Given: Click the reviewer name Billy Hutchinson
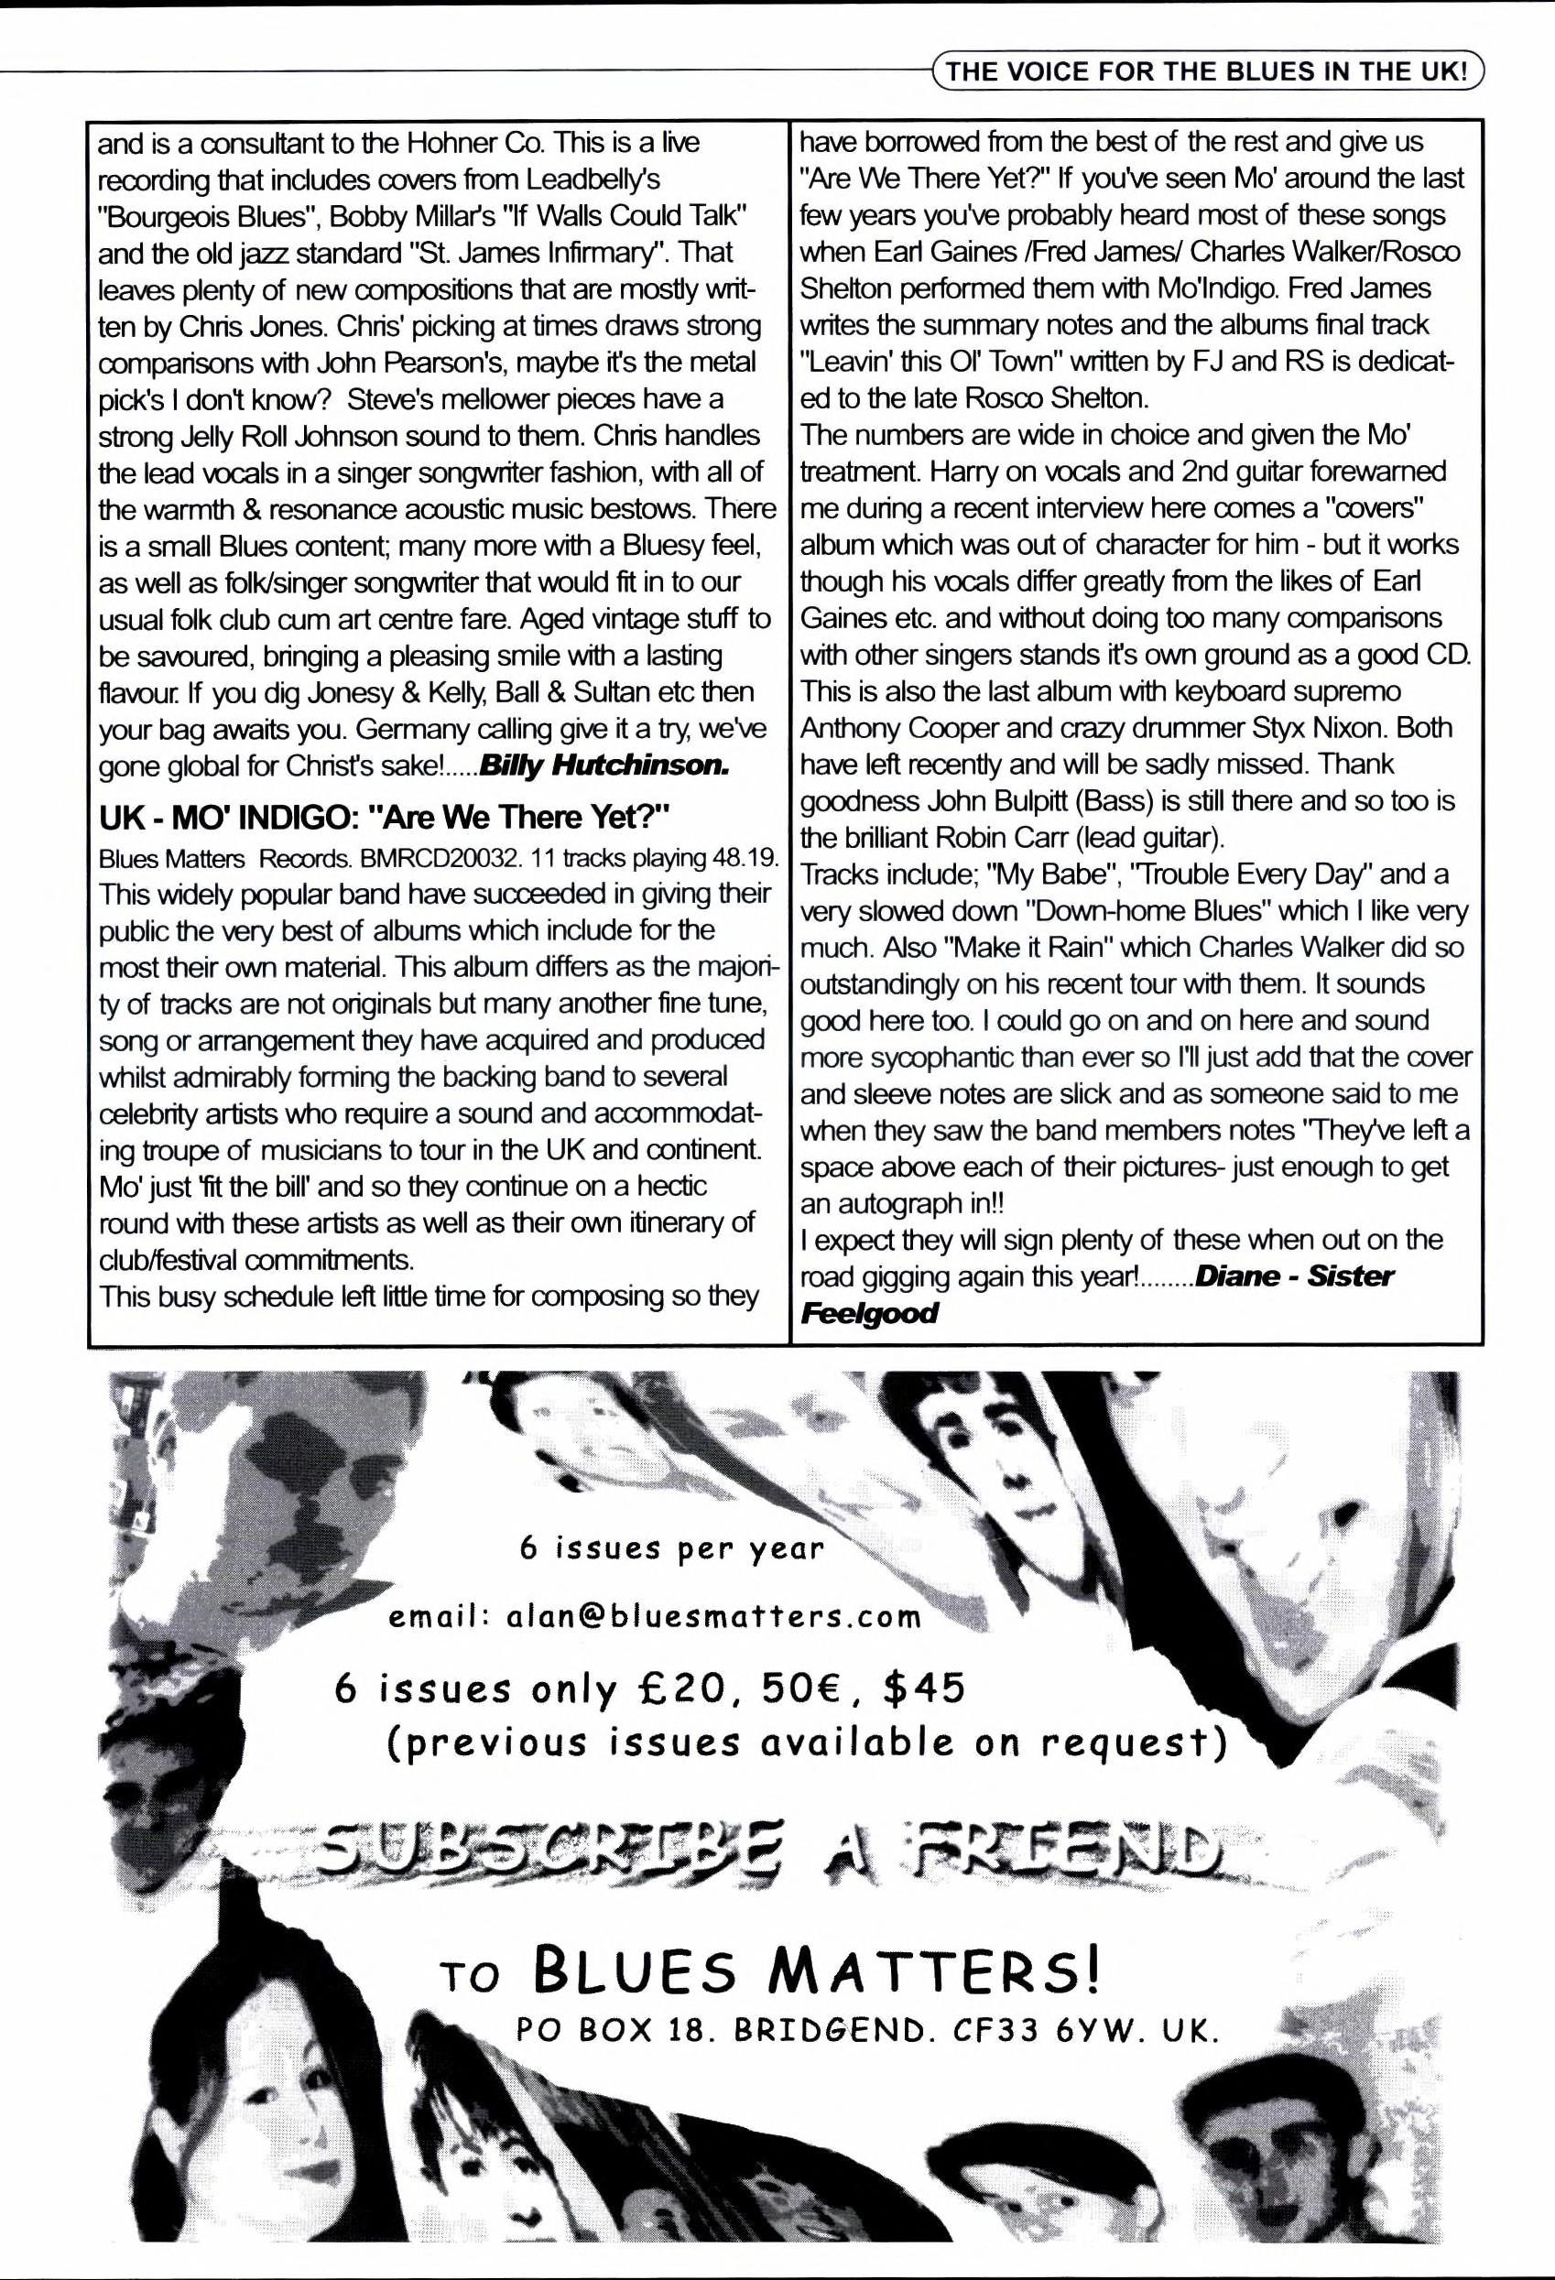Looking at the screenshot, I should [x=603, y=766].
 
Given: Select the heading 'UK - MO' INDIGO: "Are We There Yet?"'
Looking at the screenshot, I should [x=384, y=816].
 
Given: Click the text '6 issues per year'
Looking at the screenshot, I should [x=671, y=1548].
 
